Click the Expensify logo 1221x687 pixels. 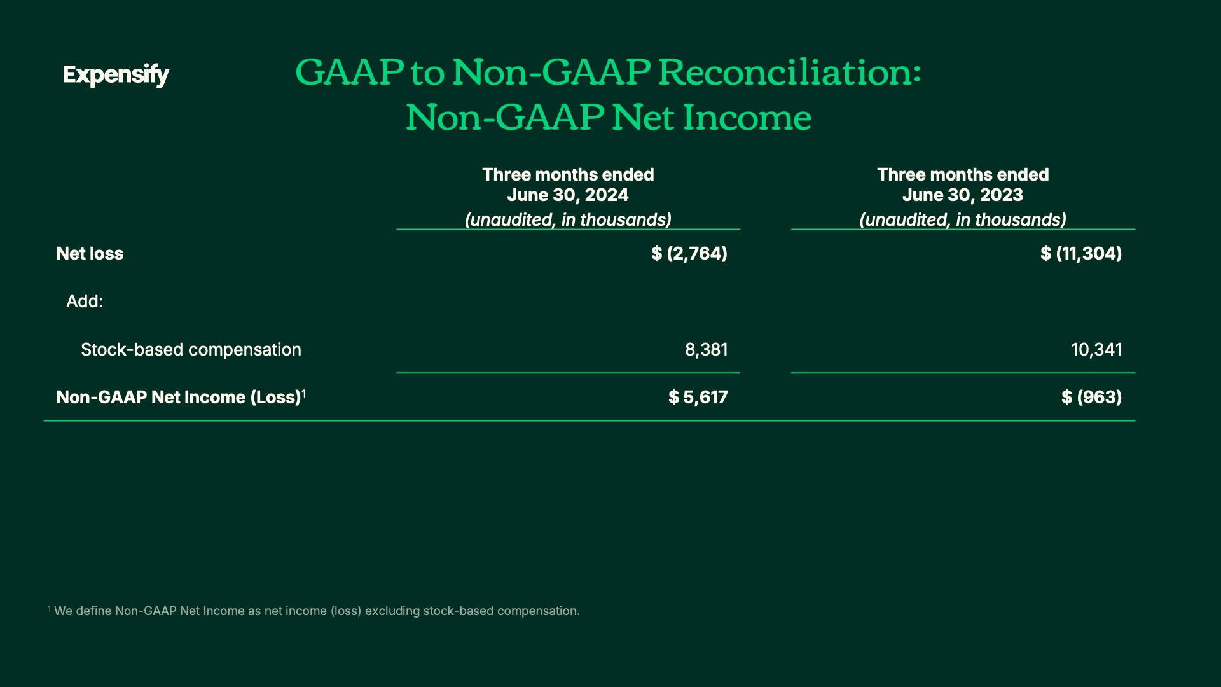pyautogui.click(x=116, y=75)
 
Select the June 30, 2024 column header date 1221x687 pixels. pyautogui.click(x=568, y=195)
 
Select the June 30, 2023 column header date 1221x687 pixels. pyautogui.click(x=963, y=195)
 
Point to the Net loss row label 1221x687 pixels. pyautogui.click(x=90, y=253)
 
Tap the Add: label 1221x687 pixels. pyautogui.click(x=85, y=301)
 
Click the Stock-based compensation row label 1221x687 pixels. pyautogui.click(x=191, y=349)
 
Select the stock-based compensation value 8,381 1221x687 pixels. pyautogui.click(x=707, y=349)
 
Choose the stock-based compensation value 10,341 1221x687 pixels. pyautogui.click(x=1097, y=349)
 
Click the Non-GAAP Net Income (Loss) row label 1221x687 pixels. pyautogui.click(x=178, y=397)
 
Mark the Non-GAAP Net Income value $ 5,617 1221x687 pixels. pyautogui.click(x=698, y=397)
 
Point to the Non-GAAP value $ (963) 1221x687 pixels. pyautogui.click(x=1092, y=397)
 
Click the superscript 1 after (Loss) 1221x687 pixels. pyautogui.click(x=304, y=394)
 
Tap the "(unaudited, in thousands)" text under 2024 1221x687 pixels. pyautogui.click(x=568, y=219)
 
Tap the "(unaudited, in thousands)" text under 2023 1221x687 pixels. pyautogui.click(x=963, y=219)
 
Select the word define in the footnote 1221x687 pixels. pyautogui.click(x=93, y=611)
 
